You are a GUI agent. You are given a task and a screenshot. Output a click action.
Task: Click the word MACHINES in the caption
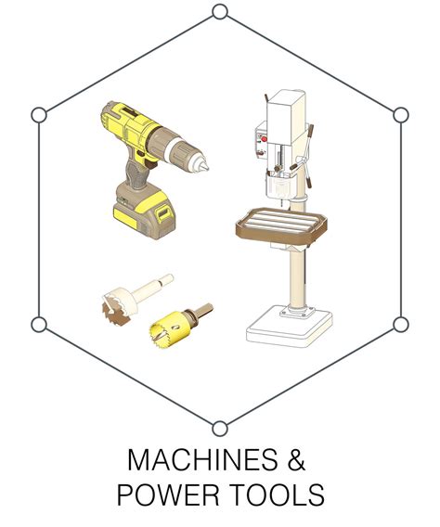click(x=202, y=459)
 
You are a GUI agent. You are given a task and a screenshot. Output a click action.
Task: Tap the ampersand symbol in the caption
click(x=296, y=459)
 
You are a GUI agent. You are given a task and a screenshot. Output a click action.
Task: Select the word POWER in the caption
click(x=168, y=495)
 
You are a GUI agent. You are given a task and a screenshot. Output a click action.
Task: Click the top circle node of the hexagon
click(x=220, y=12)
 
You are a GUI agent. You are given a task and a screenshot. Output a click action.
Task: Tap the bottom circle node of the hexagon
click(x=220, y=429)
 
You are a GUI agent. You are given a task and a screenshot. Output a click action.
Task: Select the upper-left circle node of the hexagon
click(x=39, y=115)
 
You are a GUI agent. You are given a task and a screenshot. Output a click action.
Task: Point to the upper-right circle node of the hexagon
click(x=401, y=115)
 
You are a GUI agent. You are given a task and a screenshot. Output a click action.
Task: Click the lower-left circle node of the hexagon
click(x=39, y=325)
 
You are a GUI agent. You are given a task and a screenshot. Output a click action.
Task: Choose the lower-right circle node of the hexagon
click(x=401, y=325)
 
